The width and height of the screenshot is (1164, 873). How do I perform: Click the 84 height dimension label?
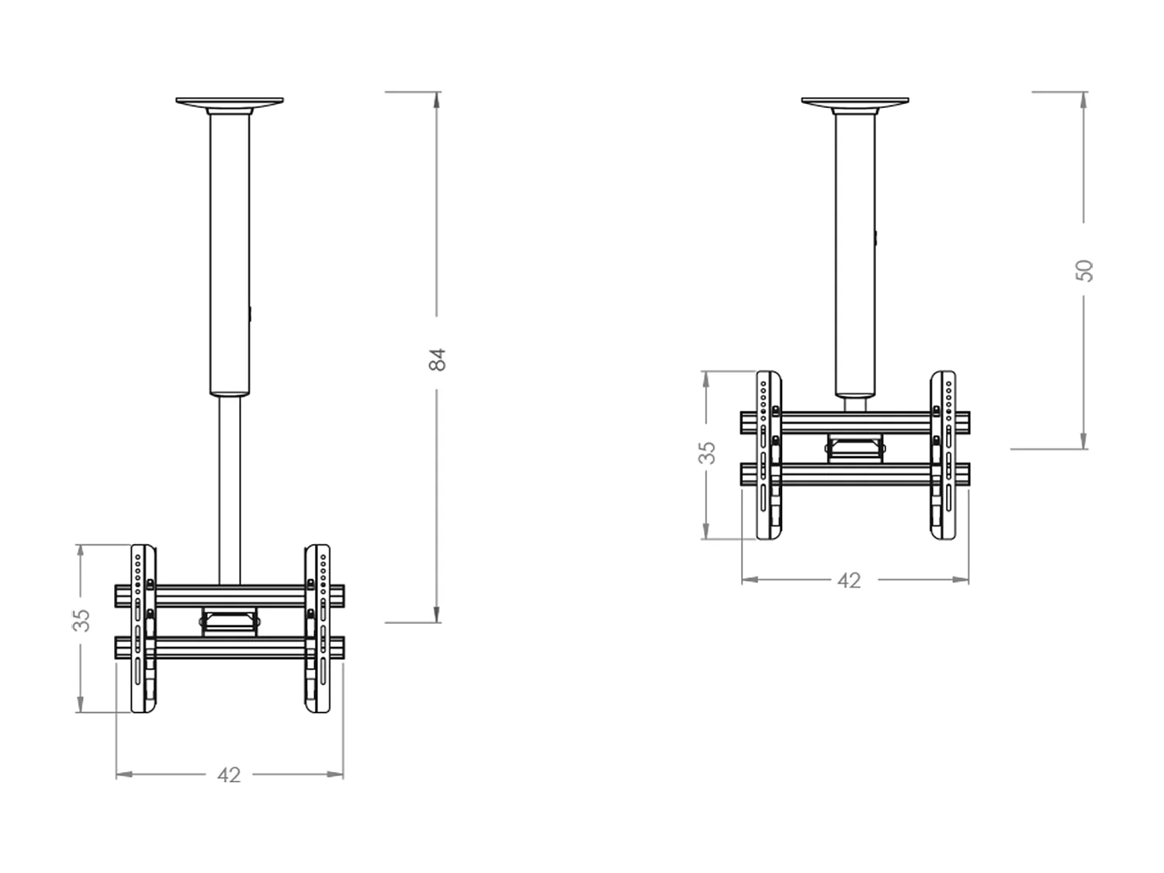(x=438, y=359)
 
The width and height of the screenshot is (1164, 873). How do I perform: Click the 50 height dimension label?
(x=1085, y=270)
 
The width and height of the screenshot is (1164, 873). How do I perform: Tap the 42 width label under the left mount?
(x=229, y=774)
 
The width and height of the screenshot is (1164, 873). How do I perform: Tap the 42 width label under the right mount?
(x=849, y=580)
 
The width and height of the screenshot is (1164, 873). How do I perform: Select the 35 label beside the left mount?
(x=81, y=620)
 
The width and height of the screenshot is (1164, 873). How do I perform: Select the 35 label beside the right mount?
(x=707, y=452)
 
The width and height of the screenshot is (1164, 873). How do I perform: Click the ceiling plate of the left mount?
(x=230, y=102)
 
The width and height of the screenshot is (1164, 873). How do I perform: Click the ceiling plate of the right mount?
(x=854, y=102)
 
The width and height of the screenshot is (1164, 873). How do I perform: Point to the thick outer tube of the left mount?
(x=230, y=256)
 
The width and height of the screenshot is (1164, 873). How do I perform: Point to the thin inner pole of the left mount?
(x=229, y=489)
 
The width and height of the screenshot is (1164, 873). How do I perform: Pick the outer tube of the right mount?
(x=854, y=256)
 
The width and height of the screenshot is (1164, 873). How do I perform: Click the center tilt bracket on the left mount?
(x=230, y=622)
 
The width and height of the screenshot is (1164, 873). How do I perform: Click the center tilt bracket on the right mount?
(x=855, y=448)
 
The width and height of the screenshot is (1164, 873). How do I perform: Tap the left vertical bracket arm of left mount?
(x=143, y=629)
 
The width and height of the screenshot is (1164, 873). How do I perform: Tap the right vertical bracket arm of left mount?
(x=317, y=629)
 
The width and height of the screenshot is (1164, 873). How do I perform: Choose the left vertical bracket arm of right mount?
(x=768, y=456)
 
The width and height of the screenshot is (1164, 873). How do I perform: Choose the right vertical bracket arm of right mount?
(x=943, y=456)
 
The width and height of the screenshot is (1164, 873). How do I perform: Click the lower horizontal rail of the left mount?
(x=230, y=648)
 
